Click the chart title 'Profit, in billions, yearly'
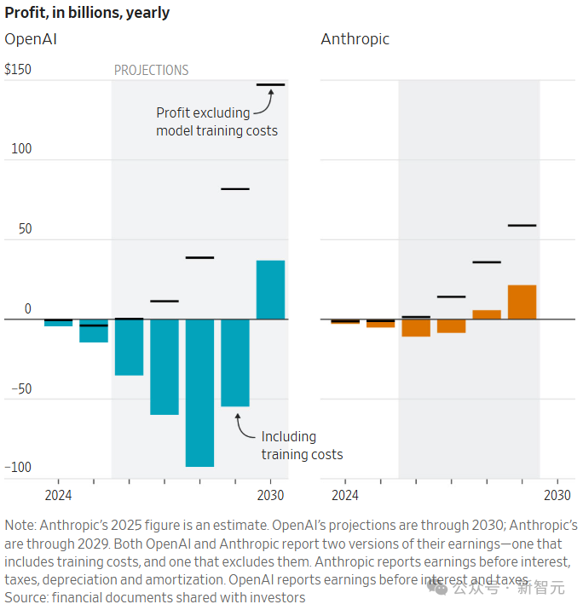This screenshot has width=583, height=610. coord(87,13)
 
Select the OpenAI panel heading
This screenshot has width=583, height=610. coord(31,39)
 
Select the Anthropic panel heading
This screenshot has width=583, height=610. coord(355,39)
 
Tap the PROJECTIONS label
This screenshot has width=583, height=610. coord(152,71)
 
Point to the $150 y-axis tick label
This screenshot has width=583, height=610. coord(18,69)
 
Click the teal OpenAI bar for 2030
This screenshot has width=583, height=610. coord(270,290)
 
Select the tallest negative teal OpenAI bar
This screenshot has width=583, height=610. coord(199,393)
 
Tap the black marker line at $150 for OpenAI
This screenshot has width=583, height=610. coord(270,84)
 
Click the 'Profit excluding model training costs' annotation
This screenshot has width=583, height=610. coord(216,122)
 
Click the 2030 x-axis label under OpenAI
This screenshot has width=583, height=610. coord(270,495)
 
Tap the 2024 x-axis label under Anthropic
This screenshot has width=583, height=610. coord(344,495)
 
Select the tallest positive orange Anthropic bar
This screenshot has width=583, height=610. coord(522,302)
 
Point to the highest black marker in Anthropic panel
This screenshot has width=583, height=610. coord(522,225)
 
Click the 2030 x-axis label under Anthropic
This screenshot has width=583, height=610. coord(557,495)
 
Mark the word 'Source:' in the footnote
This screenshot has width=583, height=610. coord(26,598)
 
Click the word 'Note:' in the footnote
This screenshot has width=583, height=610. coord(21,525)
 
